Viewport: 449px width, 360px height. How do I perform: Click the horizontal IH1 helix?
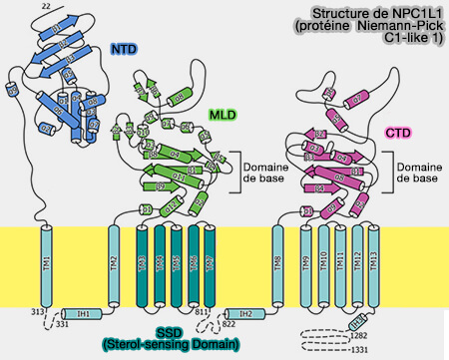[x=84, y=313]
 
